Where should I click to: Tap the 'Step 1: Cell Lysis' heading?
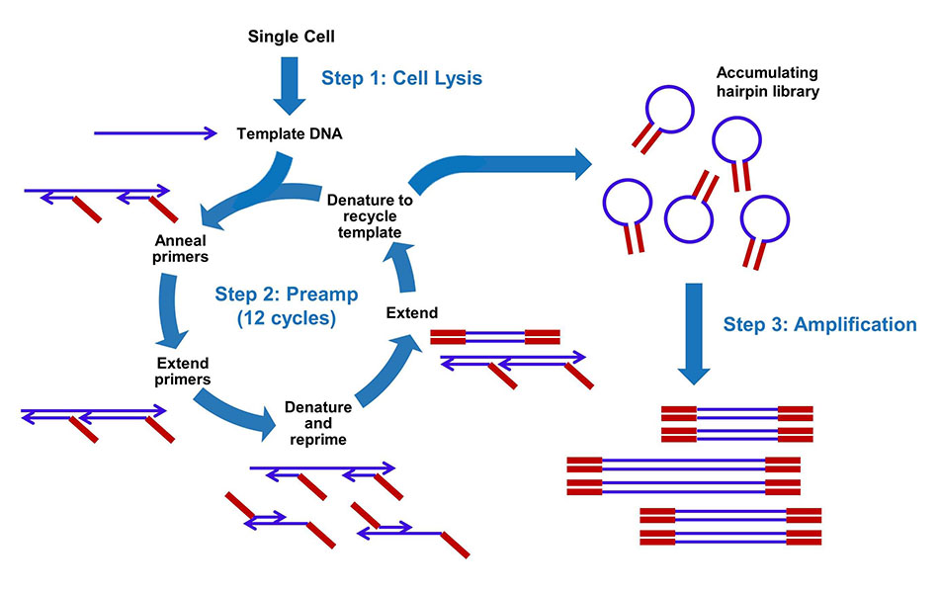coord(402,78)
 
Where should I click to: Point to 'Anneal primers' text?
coord(182,248)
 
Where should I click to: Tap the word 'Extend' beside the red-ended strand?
coord(411,312)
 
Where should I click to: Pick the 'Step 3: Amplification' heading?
coord(819,324)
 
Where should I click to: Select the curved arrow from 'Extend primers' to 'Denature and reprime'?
coord(233,410)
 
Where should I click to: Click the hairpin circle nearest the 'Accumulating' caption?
coord(672,110)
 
